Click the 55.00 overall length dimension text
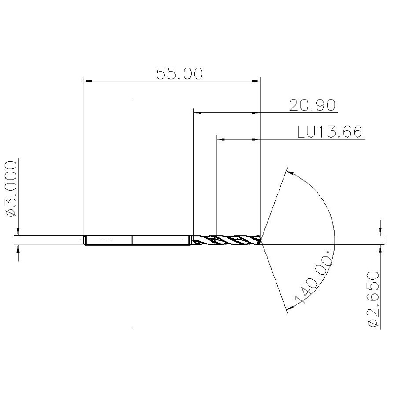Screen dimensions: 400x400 click(180, 73)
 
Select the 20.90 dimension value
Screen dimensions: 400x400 click(312, 105)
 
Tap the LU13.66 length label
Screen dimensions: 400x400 click(330, 132)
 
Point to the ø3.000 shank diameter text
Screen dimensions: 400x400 click(11, 189)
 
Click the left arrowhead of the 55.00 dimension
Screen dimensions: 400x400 click(88, 81)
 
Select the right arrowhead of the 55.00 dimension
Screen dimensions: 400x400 click(256, 81)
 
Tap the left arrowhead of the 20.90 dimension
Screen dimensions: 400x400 click(198, 112)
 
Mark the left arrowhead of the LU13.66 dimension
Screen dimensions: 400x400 click(221, 140)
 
